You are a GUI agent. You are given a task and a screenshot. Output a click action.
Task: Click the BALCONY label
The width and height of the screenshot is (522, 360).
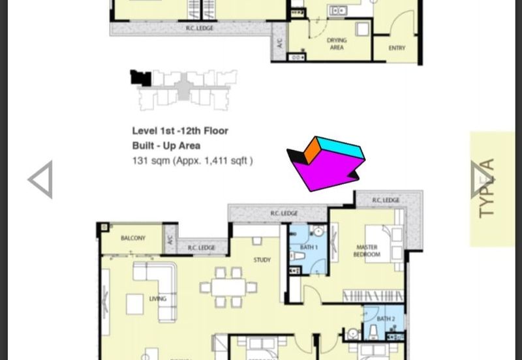point(133,239)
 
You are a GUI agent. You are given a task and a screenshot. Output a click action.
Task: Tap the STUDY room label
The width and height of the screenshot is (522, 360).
point(262,260)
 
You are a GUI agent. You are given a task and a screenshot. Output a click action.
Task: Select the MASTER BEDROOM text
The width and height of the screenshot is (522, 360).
point(367,251)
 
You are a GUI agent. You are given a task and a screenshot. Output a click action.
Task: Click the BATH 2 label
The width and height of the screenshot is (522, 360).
point(386,319)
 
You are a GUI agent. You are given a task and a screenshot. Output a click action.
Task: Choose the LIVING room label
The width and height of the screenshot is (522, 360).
point(157,299)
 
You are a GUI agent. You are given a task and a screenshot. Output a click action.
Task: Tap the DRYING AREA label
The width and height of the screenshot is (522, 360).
point(337,44)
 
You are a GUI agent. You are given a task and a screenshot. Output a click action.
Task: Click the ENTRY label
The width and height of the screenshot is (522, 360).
point(397,48)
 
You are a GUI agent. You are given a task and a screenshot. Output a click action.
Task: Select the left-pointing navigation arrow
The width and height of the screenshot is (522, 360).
point(40,180)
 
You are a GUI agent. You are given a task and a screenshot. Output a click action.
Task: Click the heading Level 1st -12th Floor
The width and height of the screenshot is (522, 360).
point(180,131)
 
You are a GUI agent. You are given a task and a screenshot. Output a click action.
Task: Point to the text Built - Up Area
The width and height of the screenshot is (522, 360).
point(166,146)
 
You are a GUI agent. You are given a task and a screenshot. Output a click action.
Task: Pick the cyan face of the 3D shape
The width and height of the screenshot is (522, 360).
point(341,149)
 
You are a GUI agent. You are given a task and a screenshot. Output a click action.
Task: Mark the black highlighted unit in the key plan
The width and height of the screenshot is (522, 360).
point(140,78)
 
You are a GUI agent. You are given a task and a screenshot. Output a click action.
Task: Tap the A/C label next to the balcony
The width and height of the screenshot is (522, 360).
point(170,240)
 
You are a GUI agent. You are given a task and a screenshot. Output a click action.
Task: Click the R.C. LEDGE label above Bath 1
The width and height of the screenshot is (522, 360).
point(284,213)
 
